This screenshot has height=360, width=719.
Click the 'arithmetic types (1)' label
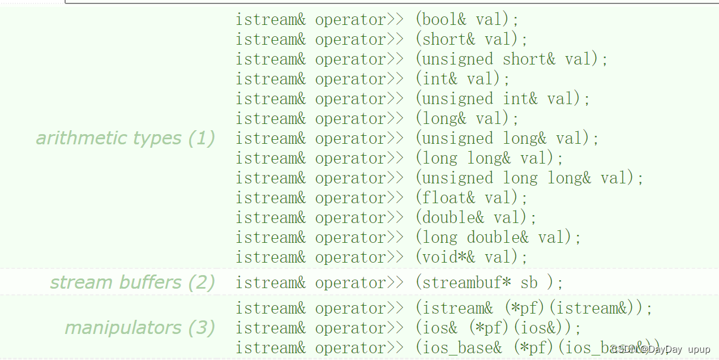click(x=125, y=138)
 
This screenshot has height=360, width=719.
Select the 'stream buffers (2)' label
click(x=132, y=282)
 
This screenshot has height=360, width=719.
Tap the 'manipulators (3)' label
click(x=140, y=328)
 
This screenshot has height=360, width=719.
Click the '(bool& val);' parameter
click(x=467, y=20)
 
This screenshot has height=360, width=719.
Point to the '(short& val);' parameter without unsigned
click(x=472, y=40)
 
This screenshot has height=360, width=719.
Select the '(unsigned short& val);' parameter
click(x=511, y=59)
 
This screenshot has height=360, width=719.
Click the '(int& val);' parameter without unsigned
click(x=463, y=79)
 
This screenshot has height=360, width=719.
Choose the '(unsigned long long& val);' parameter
click(x=529, y=178)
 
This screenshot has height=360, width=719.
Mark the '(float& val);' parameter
click(x=472, y=198)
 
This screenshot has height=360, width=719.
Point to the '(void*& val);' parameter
click(x=472, y=258)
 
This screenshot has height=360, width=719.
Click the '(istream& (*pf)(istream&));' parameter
click(x=534, y=308)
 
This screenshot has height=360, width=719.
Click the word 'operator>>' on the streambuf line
click(x=359, y=283)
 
